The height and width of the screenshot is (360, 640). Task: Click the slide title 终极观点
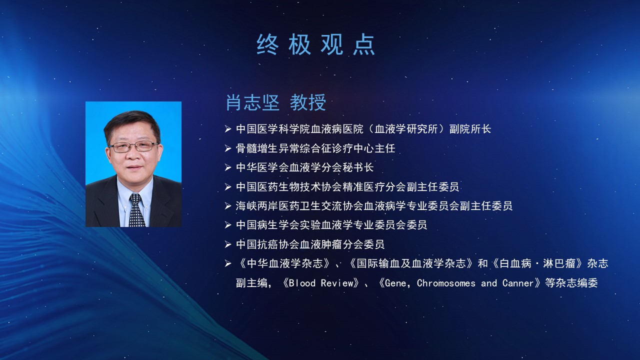click(x=315, y=44)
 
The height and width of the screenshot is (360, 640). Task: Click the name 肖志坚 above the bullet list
click(x=252, y=102)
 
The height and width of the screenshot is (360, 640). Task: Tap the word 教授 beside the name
click(x=308, y=102)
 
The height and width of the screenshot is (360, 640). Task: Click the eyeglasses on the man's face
click(x=133, y=146)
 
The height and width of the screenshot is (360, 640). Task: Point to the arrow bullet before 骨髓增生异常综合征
click(x=227, y=148)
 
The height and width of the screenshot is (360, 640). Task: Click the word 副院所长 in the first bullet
click(x=470, y=129)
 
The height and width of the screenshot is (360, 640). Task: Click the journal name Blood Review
click(x=321, y=283)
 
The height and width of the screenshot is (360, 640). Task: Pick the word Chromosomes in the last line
click(x=446, y=283)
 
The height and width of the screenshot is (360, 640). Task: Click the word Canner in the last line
click(x=518, y=283)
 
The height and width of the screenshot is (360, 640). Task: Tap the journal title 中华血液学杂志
click(x=285, y=263)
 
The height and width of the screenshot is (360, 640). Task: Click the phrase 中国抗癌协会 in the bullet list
click(x=267, y=244)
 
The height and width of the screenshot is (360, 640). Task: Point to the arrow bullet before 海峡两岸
click(x=227, y=206)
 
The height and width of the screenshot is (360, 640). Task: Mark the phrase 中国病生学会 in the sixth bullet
click(x=267, y=225)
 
